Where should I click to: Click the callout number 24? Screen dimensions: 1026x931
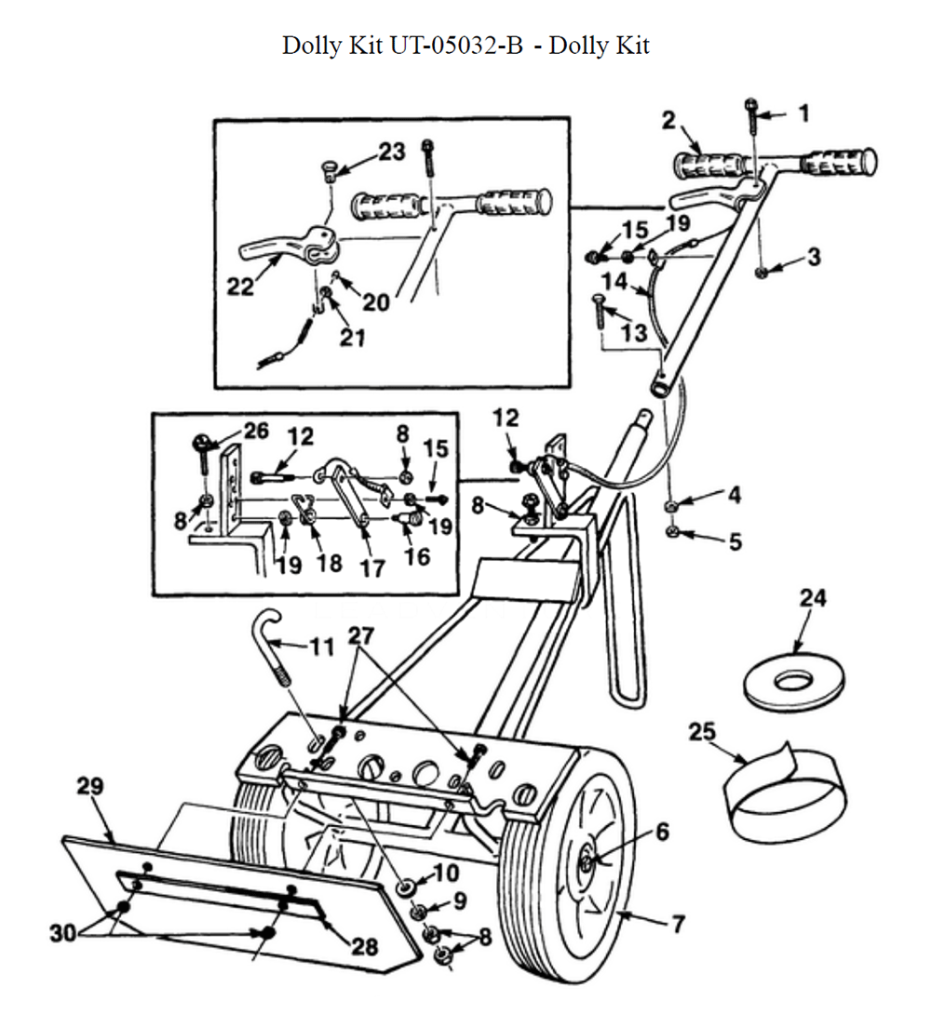click(x=812, y=598)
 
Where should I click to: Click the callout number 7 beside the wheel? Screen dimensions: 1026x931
click(x=677, y=924)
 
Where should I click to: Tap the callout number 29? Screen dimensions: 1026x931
click(x=89, y=787)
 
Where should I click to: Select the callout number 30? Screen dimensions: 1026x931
click(x=62, y=933)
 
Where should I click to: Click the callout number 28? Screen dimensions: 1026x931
click(x=364, y=946)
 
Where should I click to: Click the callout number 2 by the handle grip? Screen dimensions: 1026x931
click(x=668, y=120)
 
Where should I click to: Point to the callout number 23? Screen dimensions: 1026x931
click(x=392, y=152)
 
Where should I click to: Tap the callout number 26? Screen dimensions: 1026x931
click(x=255, y=431)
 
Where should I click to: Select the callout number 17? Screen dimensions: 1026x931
click(x=372, y=566)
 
